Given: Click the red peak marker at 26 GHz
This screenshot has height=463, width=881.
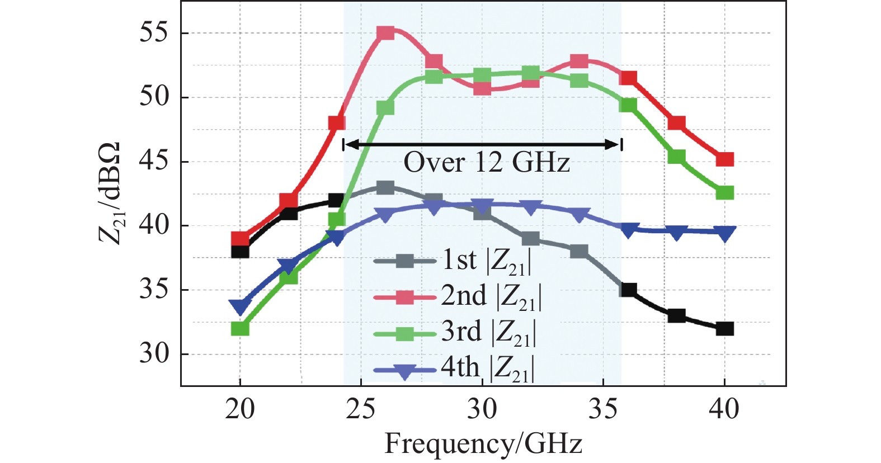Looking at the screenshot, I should [385, 33].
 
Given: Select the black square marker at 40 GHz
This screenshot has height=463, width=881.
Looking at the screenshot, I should [724, 329].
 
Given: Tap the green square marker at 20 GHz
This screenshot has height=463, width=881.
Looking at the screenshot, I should [240, 329].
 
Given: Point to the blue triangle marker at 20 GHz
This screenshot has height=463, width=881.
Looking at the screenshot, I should [240, 306].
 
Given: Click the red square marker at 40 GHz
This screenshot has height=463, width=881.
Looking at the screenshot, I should [724, 159].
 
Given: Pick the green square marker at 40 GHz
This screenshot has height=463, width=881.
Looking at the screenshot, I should [724, 193].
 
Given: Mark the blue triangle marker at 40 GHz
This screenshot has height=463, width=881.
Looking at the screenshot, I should [724, 233].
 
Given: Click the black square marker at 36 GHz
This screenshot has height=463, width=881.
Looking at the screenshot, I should [628, 290].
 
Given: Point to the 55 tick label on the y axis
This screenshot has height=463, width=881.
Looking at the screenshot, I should [153, 32].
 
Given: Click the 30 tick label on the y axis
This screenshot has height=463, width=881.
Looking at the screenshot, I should [153, 353].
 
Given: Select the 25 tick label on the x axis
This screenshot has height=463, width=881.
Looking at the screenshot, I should [361, 410].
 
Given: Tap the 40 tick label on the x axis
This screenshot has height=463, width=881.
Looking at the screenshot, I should [724, 410].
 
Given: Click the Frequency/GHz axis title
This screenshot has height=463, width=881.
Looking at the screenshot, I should [483, 444].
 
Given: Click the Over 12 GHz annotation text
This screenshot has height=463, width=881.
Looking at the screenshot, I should [486, 163].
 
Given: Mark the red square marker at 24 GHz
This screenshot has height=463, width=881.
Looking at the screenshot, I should [337, 123].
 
